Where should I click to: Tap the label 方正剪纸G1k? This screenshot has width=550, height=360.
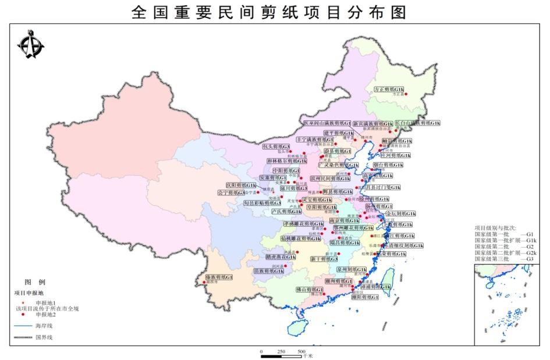(x=389, y=89)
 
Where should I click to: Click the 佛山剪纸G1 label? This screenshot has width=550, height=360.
(x=309, y=289)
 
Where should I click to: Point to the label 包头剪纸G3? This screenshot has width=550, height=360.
(x=276, y=147)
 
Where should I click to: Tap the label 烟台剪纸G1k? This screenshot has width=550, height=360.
(x=394, y=166)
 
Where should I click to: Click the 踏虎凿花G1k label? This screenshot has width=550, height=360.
(x=280, y=256)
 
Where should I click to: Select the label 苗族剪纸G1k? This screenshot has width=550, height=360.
(x=268, y=270)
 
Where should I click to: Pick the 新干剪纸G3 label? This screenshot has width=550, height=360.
(x=324, y=259)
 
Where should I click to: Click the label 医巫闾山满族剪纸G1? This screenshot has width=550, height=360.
(x=327, y=123)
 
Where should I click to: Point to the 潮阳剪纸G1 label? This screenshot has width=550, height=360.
(x=364, y=297)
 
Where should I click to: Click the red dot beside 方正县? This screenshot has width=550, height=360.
(x=406, y=94)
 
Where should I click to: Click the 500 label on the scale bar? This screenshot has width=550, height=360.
(x=301, y=352)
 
